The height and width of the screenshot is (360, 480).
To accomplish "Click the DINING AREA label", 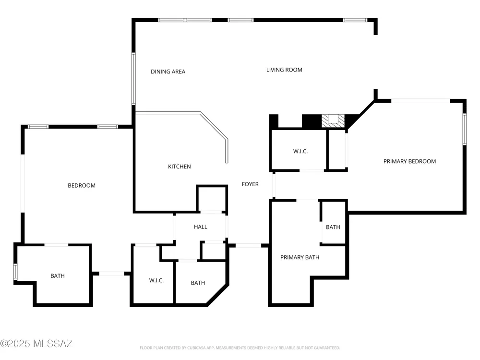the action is coord(168,72).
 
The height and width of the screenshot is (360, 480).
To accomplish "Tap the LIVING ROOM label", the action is coord(284,70).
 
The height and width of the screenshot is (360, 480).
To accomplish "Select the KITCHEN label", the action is coord(180,167).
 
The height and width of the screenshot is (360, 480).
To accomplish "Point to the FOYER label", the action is coord(250,184).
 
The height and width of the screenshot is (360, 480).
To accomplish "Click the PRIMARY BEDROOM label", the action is coord(409,161).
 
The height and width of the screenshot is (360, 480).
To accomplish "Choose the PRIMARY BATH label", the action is coord(300,257).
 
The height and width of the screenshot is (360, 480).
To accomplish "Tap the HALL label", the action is coord(201,227).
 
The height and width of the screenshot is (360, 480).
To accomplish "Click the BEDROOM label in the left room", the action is coord(82,185).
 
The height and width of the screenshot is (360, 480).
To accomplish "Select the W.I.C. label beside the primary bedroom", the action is coord(300,151).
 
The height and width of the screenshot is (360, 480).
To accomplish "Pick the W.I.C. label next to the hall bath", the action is coord(156,280).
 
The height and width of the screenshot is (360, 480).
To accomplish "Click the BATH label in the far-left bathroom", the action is coord(58,276).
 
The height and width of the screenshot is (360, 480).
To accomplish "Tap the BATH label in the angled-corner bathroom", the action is coord(198,283).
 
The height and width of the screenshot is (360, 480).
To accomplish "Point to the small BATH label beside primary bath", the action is coord(333,227).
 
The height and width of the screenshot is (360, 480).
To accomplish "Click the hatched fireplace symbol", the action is coord(333,121).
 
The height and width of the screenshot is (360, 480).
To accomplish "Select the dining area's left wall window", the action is coord(134,79).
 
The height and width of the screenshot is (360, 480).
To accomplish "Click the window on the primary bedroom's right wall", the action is coord(464,129).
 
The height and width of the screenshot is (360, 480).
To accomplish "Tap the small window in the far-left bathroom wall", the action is coord(15,272).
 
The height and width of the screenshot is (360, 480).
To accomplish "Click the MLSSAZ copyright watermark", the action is coord(36,344).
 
